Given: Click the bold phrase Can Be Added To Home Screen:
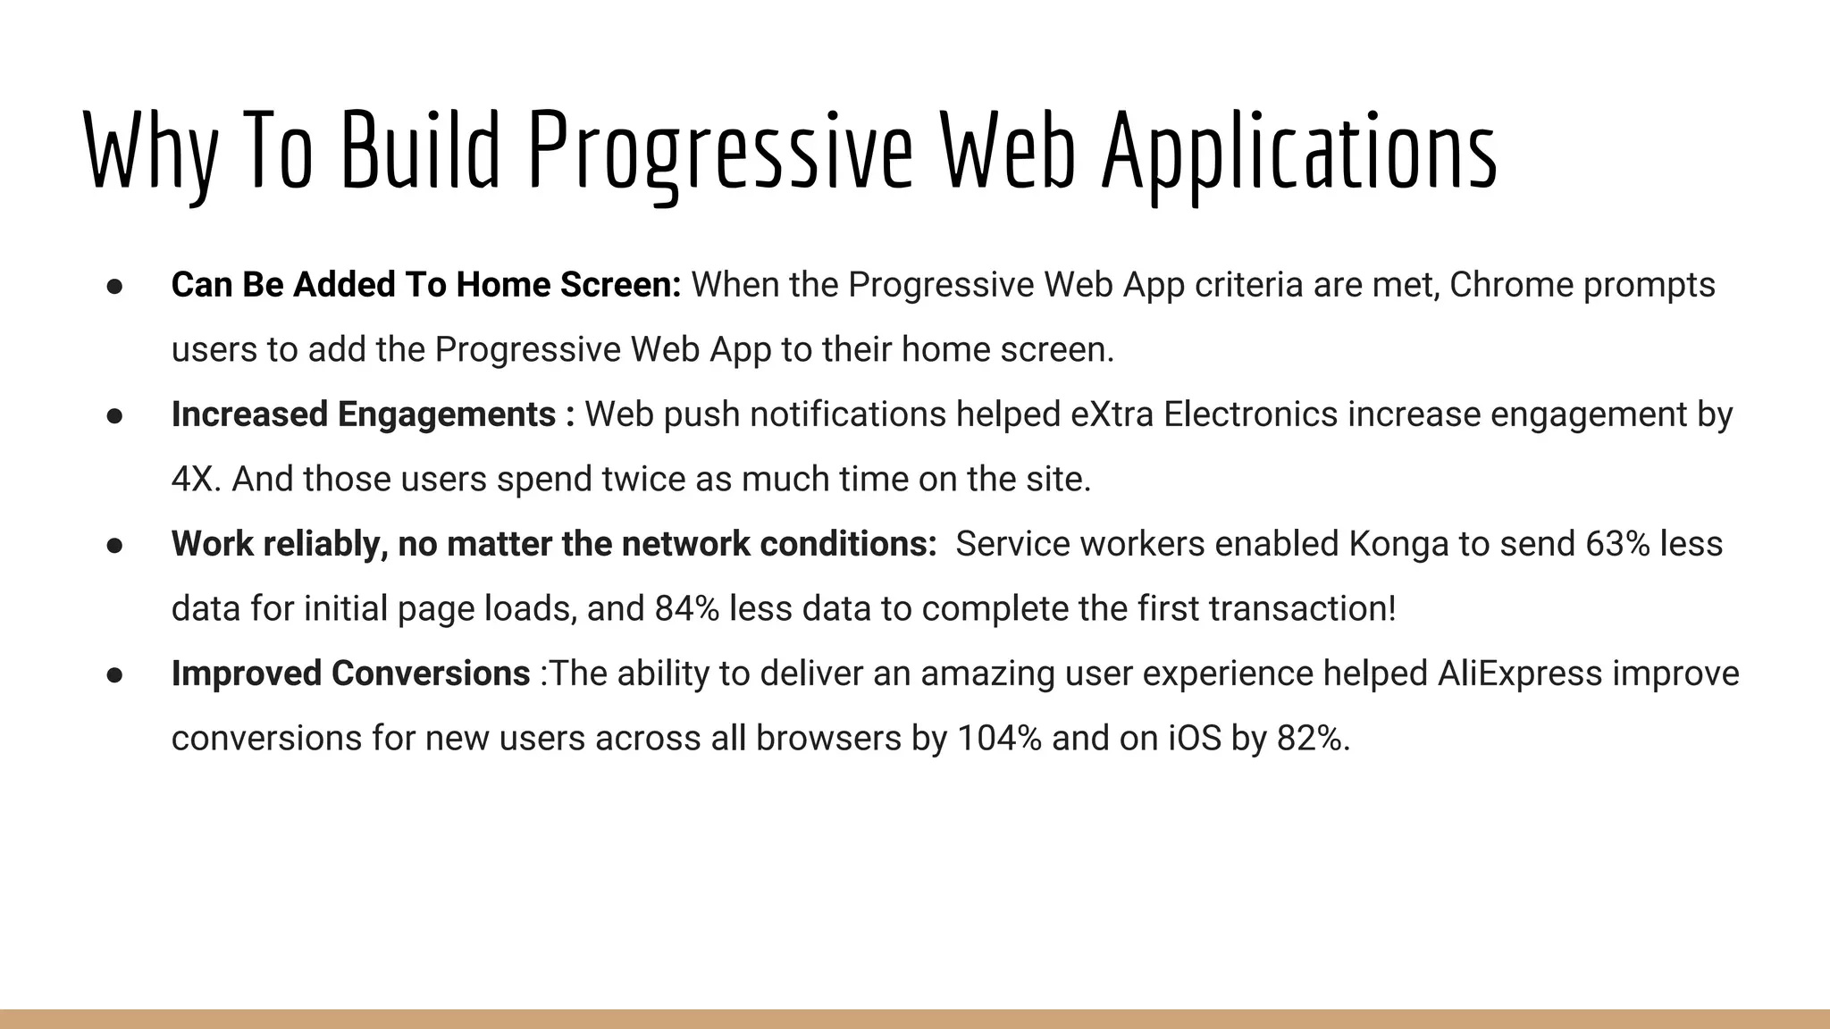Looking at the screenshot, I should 426,285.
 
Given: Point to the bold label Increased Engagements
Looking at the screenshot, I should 364,414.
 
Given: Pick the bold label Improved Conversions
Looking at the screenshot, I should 350,673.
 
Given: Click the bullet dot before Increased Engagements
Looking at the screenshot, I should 114,415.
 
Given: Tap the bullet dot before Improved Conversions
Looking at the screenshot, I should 114,674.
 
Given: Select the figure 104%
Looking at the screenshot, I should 999,739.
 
